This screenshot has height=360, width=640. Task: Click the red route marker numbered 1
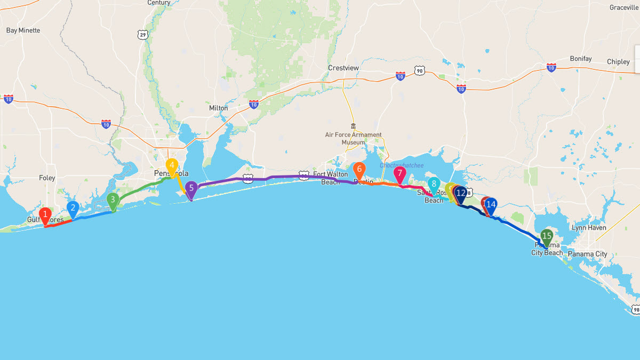45,215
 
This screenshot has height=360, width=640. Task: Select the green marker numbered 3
113,201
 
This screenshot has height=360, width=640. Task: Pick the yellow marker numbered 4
172,165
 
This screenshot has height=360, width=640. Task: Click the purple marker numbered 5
191,188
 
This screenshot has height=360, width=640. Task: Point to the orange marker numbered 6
359,170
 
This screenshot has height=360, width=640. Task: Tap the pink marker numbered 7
399,173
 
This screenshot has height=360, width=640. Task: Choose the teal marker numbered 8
434,185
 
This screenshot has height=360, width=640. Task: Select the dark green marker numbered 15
546,236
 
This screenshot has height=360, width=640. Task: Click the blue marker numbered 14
491,204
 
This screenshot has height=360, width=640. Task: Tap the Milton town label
218,108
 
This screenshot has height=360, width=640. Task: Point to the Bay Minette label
23,30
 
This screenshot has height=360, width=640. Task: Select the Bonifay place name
581,59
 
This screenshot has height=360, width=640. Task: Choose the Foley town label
47,178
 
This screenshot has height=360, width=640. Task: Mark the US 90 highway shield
420,70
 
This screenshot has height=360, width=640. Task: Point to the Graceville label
623,7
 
